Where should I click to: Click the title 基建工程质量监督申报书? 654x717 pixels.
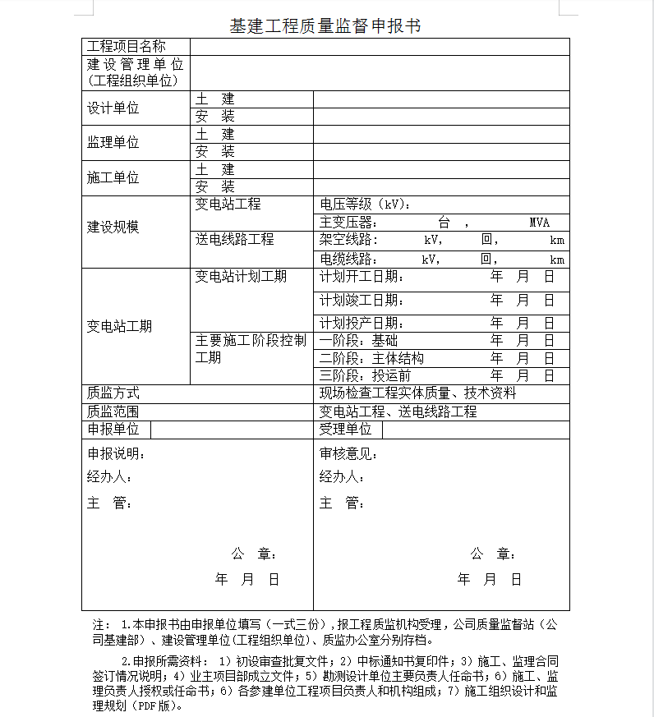tap(325, 25)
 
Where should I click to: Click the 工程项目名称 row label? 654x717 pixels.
tap(127, 46)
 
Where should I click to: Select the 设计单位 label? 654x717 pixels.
tap(113, 108)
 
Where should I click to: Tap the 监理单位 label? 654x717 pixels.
tap(113, 142)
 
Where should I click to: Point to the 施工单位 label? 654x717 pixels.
tap(113, 177)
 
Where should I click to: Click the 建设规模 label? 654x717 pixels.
tap(113, 227)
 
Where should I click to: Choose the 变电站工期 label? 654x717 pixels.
tap(120, 326)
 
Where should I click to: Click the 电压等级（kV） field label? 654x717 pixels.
tap(365, 205)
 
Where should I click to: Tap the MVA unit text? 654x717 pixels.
tap(539, 223)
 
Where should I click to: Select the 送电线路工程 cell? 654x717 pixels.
tap(234, 240)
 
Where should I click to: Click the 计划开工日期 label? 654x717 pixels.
tap(362, 277)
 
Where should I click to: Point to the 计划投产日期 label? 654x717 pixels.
tap(362, 323)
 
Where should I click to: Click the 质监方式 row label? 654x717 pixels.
tap(113, 393)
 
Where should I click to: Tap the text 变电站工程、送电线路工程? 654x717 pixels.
tap(398, 411)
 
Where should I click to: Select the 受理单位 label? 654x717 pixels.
tap(345, 429)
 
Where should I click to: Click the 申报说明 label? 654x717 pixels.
tap(117, 453)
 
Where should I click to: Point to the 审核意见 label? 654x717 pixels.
tap(349, 453)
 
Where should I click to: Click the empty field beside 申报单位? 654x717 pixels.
tap(231, 430)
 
